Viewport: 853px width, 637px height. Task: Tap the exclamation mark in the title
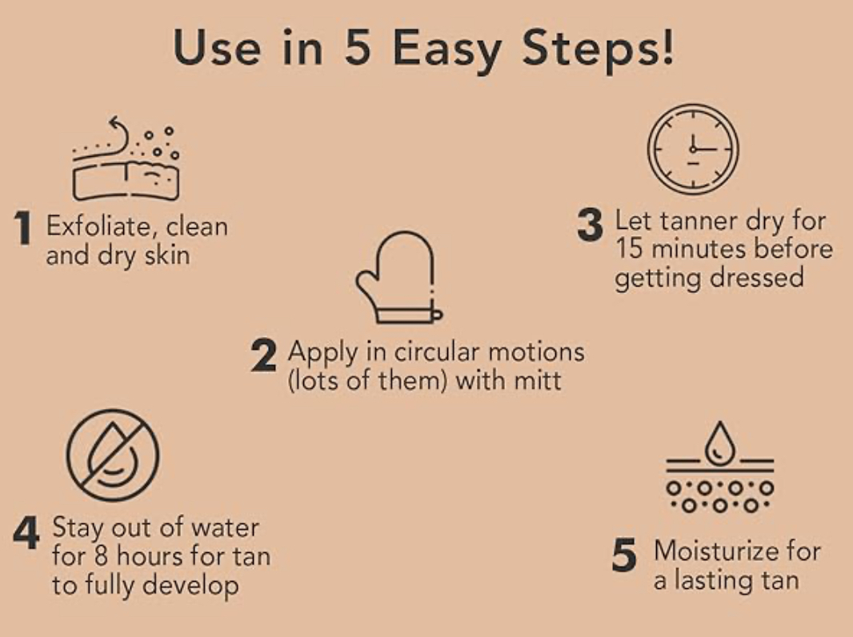667,46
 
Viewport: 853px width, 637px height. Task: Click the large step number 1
23,227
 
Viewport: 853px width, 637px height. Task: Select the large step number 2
263,355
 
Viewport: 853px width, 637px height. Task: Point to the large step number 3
591,225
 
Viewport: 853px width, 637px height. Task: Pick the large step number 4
26,532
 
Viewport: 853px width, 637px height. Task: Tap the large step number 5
624,555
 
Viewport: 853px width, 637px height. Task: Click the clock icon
693,149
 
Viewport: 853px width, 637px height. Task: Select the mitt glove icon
398,278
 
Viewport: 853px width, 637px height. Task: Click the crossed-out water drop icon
113,455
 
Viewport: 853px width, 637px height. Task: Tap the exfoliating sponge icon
126,158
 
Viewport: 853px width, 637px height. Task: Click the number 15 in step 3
629,249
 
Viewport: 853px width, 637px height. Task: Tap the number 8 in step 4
101,556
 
